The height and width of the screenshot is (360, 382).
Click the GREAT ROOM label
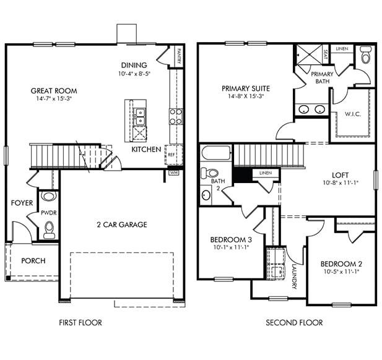[x=54, y=91]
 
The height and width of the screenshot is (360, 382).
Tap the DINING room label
[x=134, y=65]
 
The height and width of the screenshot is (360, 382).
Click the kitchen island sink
[x=140, y=113]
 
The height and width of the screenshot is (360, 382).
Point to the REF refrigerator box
[x=171, y=154]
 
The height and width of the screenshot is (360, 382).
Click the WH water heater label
[x=173, y=173]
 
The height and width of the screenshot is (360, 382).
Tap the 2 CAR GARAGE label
[x=121, y=225]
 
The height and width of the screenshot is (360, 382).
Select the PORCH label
[x=33, y=260]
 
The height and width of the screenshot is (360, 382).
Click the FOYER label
[x=22, y=203]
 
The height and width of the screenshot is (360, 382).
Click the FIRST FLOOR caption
[x=80, y=322]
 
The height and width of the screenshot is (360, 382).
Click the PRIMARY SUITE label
[x=245, y=88]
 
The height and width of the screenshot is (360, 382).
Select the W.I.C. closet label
[x=354, y=114]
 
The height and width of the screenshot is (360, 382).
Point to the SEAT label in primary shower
[x=326, y=53]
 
